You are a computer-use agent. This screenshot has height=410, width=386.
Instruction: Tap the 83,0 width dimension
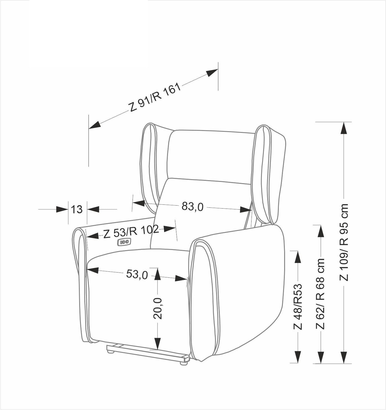192,206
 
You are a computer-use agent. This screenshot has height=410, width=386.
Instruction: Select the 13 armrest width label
77,209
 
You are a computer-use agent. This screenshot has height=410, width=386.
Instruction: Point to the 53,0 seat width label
137,274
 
